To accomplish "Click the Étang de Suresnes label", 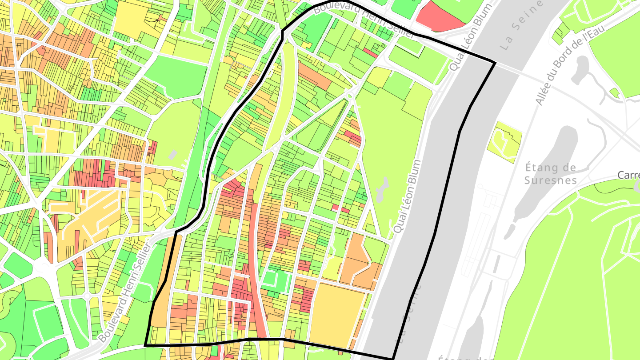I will coord(550,174).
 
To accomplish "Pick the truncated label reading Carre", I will coord(628,175).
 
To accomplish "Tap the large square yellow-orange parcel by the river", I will coord(336,314).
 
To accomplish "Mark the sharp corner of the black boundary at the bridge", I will coord(495,63).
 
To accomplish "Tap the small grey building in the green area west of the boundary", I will coord(173,155).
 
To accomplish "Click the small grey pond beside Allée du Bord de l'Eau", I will coord(580,69).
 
